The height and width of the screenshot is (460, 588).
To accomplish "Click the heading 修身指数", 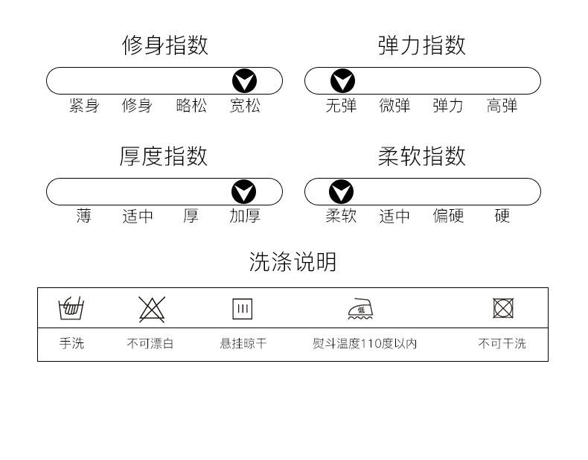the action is pos(164,45).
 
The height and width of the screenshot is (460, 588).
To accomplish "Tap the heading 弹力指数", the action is pos(421,45).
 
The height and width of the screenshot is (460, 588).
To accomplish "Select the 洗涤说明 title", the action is pos(293,262).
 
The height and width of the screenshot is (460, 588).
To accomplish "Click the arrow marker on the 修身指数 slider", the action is pos(244,81).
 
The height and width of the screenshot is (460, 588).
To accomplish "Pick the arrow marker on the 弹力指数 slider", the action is pos(342,81).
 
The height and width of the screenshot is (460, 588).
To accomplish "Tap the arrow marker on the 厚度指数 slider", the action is pos(243,192).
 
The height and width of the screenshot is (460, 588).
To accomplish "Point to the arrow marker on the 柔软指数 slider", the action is pos(341,192).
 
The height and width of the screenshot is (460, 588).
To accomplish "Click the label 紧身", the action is pos(84,106).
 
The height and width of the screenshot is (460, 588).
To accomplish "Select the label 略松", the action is pos(191,106).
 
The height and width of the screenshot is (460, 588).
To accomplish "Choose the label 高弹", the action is pos(502,106).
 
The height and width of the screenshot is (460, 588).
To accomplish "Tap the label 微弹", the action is pos(394,106).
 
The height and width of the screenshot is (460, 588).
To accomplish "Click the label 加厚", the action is pos(245,217).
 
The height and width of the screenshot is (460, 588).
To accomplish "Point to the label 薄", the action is pos(84,217).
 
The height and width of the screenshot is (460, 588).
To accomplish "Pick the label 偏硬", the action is pos(448,217).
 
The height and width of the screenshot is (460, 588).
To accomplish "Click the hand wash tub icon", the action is pos(71,307).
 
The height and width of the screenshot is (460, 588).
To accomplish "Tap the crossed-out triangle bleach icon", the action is pos(152,308).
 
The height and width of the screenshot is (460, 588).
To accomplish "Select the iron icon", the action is pos(361,308).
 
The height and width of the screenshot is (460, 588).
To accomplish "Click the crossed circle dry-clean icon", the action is pos(503,308).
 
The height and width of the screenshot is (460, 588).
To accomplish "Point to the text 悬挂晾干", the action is pos(243,344).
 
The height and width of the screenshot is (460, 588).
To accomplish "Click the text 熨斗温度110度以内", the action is pos(365,344).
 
